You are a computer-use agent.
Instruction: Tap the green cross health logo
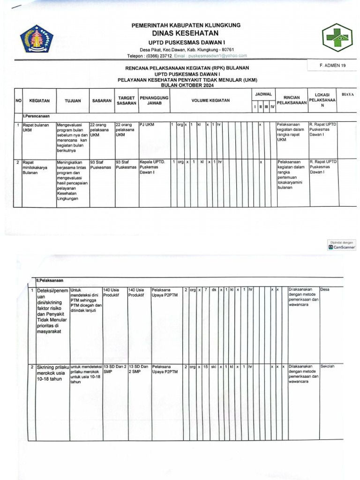pos(337,39)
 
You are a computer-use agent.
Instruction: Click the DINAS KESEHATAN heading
pos(186,33)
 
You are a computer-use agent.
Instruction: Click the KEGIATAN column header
pos(39,101)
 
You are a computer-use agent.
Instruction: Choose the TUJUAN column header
pos(73,101)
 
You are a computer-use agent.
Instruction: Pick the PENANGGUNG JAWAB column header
pos(154,101)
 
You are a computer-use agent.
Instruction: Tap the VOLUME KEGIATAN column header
pos(210,101)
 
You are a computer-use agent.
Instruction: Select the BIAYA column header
pos(348,95)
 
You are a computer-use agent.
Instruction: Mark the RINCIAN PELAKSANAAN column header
pos(292,99)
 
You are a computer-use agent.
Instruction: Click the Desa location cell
pos(325,290)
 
